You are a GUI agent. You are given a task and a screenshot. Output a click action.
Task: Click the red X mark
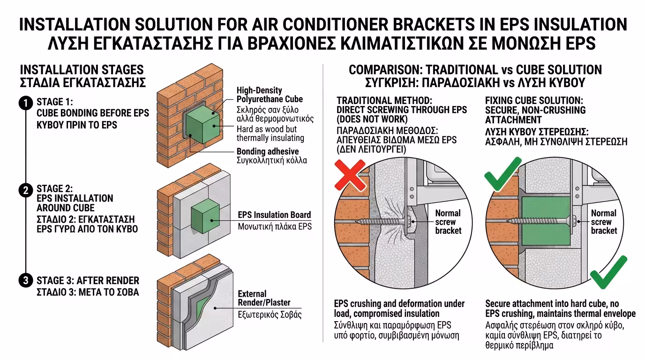tap(350, 175)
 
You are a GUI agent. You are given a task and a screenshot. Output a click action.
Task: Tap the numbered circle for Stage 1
tap(26, 103)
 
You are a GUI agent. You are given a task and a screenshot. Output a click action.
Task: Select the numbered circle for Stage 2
tap(26, 190)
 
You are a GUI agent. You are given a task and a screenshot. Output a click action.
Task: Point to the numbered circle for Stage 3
tap(26, 280)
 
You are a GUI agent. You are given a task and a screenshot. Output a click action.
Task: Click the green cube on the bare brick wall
tap(202, 124)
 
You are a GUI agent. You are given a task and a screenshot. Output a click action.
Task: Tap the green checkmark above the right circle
tap(503, 173)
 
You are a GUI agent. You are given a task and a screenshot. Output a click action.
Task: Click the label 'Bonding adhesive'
tap(268, 151)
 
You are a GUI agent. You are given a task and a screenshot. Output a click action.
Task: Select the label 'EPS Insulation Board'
tap(274, 215)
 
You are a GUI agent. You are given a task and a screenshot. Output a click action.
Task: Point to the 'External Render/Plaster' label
tap(264, 298)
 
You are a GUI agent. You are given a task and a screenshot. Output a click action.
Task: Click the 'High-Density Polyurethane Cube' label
tap(270, 95)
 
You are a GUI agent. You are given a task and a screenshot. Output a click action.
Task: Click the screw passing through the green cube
tap(541, 221)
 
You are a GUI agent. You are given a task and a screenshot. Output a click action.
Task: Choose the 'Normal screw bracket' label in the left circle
tap(448, 222)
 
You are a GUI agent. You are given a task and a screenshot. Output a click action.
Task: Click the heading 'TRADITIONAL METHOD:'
tap(384, 100)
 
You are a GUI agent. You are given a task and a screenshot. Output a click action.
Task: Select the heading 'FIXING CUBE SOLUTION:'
tap(534, 100)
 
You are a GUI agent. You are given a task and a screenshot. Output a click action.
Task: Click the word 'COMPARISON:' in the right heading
tap(385, 70)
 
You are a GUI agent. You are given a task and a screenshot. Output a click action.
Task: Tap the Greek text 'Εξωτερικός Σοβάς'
tap(270, 315)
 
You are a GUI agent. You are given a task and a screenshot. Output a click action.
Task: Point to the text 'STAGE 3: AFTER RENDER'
tap(88, 280)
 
